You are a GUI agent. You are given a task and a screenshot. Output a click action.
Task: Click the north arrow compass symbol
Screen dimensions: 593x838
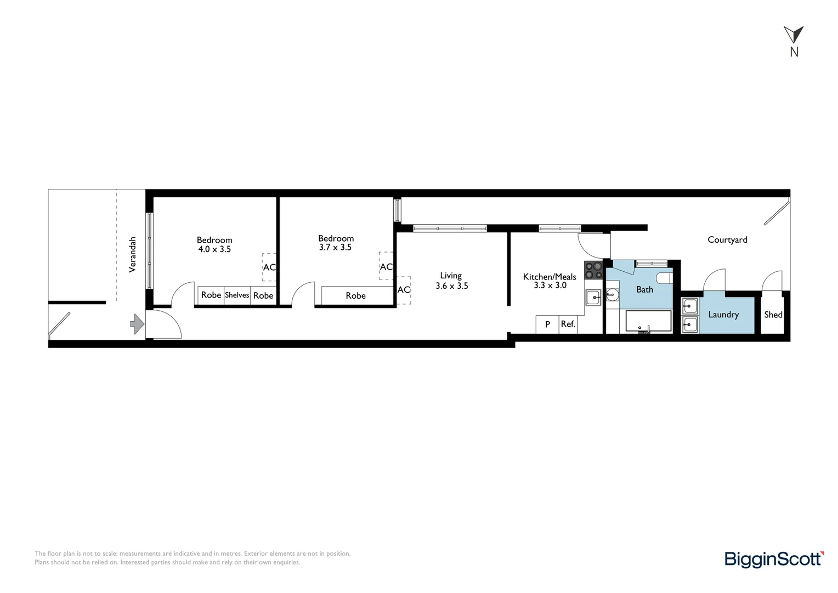[793, 35]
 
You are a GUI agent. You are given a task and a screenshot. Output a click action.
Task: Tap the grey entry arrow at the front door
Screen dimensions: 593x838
[137, 324]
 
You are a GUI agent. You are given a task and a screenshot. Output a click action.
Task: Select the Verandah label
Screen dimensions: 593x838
[132, 255]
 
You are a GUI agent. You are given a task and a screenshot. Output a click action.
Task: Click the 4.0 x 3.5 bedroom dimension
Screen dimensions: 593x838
[214, 249]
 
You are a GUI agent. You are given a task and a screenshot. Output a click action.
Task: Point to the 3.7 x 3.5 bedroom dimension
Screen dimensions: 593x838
[335, 248]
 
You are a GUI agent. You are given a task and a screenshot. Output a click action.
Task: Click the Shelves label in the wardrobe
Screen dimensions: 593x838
[237, 295]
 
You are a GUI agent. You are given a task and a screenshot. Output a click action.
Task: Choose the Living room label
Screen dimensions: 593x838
[451, 276]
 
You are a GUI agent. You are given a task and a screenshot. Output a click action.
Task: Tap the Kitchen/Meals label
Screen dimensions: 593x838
[550, 277]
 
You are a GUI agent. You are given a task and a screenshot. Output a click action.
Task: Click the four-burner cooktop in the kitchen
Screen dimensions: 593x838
[593, 270]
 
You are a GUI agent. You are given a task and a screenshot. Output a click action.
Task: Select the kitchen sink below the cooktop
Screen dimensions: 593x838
[593, 298]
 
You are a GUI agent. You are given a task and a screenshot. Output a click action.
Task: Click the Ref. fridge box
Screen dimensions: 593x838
[568, 325]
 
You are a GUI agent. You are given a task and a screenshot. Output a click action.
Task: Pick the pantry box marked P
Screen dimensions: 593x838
[547, 325]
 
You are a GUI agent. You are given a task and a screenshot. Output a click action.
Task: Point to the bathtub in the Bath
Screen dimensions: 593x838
[648, 322]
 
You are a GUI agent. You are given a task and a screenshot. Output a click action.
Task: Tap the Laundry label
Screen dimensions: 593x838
[723, 315]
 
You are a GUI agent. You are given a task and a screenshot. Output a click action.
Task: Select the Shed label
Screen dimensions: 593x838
[773, 315]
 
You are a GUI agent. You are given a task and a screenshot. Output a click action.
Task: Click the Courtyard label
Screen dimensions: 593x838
[727, 240]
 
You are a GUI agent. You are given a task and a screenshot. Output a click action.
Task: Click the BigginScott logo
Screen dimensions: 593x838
[774, 560]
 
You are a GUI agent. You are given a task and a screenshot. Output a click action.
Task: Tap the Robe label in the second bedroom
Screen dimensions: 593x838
[355, 296]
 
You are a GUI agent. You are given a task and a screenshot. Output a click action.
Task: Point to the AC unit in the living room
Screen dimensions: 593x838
[404, 290]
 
